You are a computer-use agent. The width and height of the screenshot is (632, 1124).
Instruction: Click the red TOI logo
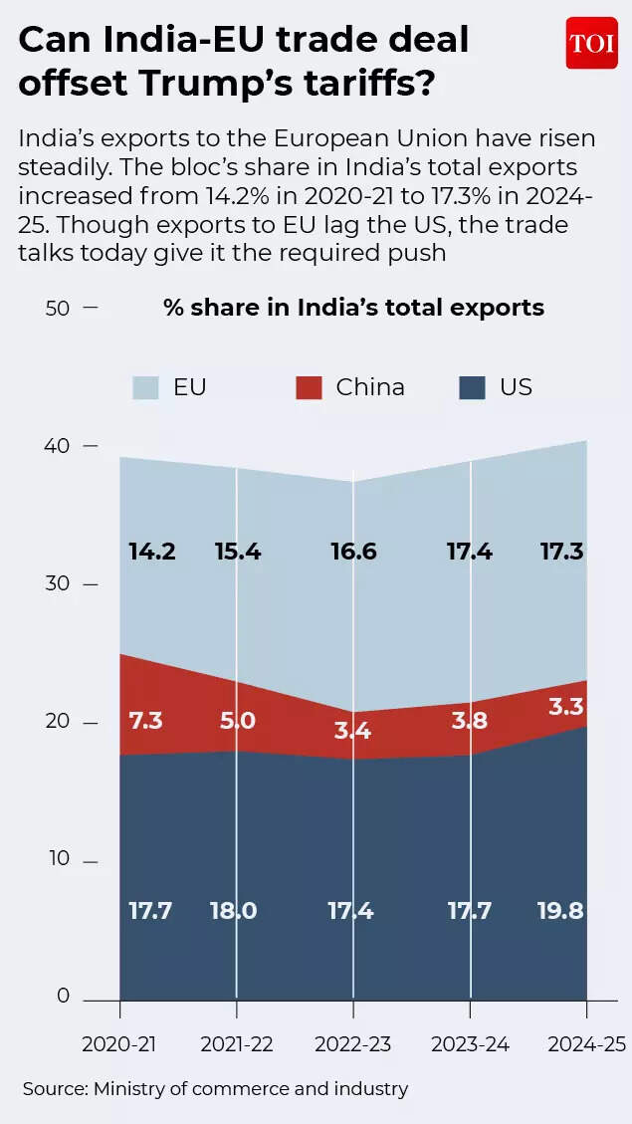point(591,43)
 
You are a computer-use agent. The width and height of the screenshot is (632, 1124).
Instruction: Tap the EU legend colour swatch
point(145,387)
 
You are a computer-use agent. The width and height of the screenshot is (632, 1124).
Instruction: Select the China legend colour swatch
point(309,387)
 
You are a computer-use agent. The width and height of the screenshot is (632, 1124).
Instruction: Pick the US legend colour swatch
point(472,387)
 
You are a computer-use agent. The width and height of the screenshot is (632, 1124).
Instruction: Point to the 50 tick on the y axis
point(57,308)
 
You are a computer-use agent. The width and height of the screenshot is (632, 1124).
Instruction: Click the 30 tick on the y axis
point(57,583)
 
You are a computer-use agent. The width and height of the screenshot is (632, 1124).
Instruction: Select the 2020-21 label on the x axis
point(119,1044)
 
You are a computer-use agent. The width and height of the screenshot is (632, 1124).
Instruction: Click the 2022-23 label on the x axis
point(352,1044)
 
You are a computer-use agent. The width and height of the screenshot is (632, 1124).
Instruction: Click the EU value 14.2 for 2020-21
point(152,551)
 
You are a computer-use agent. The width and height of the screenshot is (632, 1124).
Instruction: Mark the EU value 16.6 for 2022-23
point(352,551)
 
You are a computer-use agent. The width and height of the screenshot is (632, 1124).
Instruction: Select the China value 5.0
point(238,720)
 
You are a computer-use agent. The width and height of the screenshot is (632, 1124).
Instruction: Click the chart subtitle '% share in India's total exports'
point(353,308)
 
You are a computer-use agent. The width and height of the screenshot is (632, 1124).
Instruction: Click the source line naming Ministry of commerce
point(215,1089)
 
